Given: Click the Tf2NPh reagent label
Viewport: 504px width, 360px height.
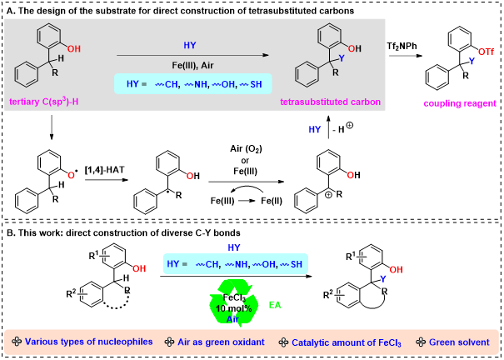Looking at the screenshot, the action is pos(402,47).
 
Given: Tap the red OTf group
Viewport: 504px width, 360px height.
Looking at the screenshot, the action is pos(486,52).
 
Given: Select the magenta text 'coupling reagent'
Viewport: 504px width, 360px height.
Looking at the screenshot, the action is pos(460,103).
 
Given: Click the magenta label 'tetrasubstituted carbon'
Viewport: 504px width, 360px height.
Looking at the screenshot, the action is pos(331,102).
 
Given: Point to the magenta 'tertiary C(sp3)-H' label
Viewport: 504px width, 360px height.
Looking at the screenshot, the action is pos(45,102).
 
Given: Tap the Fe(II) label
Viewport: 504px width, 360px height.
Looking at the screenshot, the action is pos(272,201).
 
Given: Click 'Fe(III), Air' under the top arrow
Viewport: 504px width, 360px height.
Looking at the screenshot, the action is pos(192,65).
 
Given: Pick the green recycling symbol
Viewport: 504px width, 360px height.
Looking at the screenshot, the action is pos(234,302).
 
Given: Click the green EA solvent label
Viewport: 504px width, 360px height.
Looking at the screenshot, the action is pos(275,305).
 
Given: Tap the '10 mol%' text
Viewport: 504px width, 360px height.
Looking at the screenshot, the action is pos(234,308).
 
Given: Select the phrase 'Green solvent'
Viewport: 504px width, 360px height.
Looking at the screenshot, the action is pos(459,342).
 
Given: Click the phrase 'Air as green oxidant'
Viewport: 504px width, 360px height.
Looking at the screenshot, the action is pos(221,342).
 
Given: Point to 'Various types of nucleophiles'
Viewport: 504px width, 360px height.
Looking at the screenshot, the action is pos(88,342).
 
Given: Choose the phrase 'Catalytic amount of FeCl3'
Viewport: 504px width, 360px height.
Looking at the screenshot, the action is pos(347,342).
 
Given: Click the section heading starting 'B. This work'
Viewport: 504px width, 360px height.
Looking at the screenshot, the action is pos(123,232).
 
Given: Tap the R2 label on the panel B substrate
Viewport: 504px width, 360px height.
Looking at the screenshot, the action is pos(72,294).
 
